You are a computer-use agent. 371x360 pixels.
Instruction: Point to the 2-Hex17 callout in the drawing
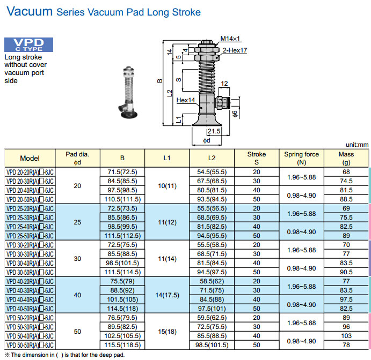coord(235,50)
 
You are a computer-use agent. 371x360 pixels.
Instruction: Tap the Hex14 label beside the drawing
coord(186,100)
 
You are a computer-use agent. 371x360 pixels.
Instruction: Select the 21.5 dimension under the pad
coord(214,131)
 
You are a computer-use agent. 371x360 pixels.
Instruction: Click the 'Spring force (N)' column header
coord(301,158)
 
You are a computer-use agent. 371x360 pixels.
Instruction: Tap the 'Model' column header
coord(30,158)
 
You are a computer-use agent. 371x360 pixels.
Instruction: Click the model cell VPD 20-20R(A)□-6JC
coord(30,172)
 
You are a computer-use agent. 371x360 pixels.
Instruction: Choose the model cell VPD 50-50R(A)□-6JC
coord(30,345)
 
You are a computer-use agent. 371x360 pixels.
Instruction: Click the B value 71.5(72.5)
coord(123,172)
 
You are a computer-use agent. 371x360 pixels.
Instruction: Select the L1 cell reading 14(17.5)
coord(166,295)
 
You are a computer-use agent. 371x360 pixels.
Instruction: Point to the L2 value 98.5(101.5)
coord(212,345)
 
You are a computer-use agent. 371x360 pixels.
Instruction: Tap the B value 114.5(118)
coord(123,309)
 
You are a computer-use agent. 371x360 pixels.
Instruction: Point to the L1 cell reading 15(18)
coord(166,331)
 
